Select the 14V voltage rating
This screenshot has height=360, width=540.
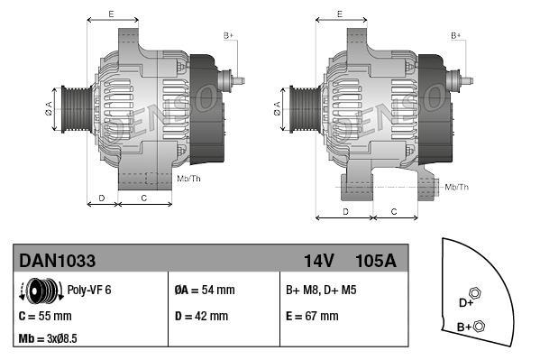click(x=319, y=261)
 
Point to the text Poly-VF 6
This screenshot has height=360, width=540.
click(x=90, y=291)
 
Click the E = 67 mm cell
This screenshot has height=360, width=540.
click(x=312, y=317)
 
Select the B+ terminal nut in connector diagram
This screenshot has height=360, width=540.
click(x=480, y=326)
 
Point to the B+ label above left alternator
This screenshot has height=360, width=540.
click(x=228, y=36)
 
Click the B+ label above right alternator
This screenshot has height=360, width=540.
click(x=456, y=36)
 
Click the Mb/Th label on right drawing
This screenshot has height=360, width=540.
click(x=456, y=187)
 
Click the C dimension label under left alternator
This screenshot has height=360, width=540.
click(x=144, y=197)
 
